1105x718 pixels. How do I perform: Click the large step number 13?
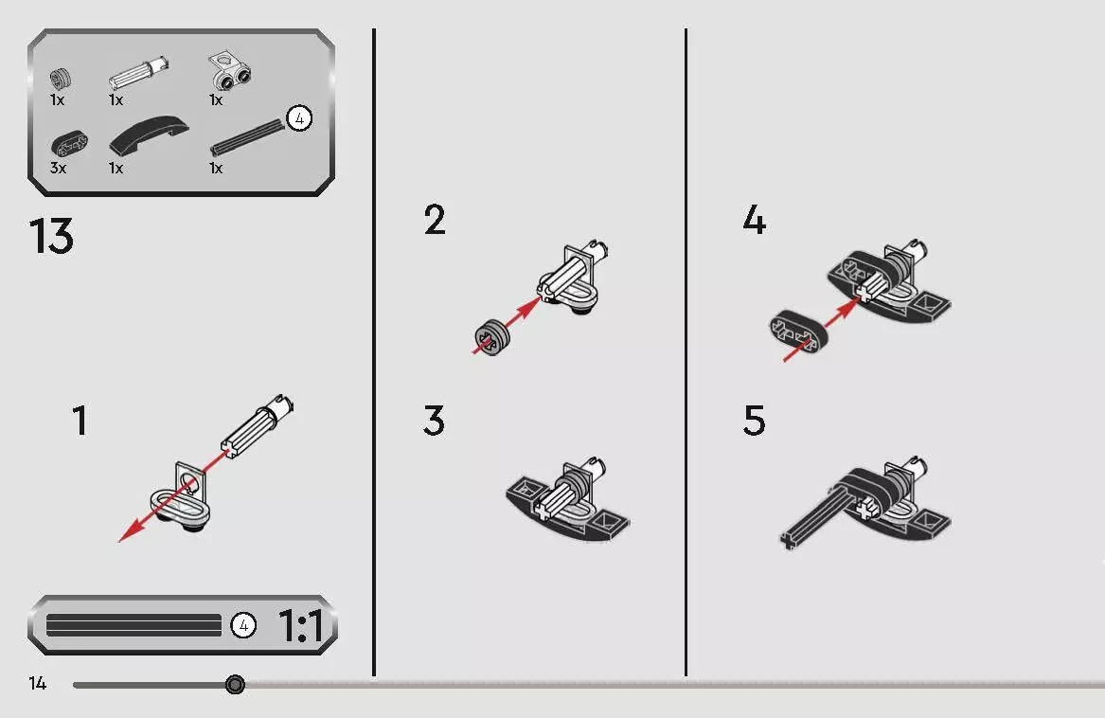pos(51,236)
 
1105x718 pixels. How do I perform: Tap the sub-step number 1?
pos(80,421)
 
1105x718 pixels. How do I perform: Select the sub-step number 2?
pos(435,220)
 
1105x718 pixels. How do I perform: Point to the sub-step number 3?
pos(434,421)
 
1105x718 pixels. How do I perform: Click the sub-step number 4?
pos(754,220)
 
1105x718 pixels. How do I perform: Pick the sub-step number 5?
pos(754,421)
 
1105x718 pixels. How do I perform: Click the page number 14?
pos(37,684)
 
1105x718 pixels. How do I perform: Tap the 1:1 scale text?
pos(301,625)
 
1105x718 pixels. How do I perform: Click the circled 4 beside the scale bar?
pos(243,625)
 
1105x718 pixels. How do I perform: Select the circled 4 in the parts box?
pos(299,118)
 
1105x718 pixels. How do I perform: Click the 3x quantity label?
pos(59,168)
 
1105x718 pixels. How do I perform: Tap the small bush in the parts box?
pos(61,79)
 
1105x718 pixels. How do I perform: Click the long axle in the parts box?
pos(247,136)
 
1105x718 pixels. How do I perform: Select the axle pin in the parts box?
pos(139,73)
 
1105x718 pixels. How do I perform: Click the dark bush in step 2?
pos(491,337)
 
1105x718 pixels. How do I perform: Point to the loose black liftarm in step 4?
pos(798,330)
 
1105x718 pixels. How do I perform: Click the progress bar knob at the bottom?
pos(236,684)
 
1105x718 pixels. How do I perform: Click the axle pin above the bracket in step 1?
pos(258,425)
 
